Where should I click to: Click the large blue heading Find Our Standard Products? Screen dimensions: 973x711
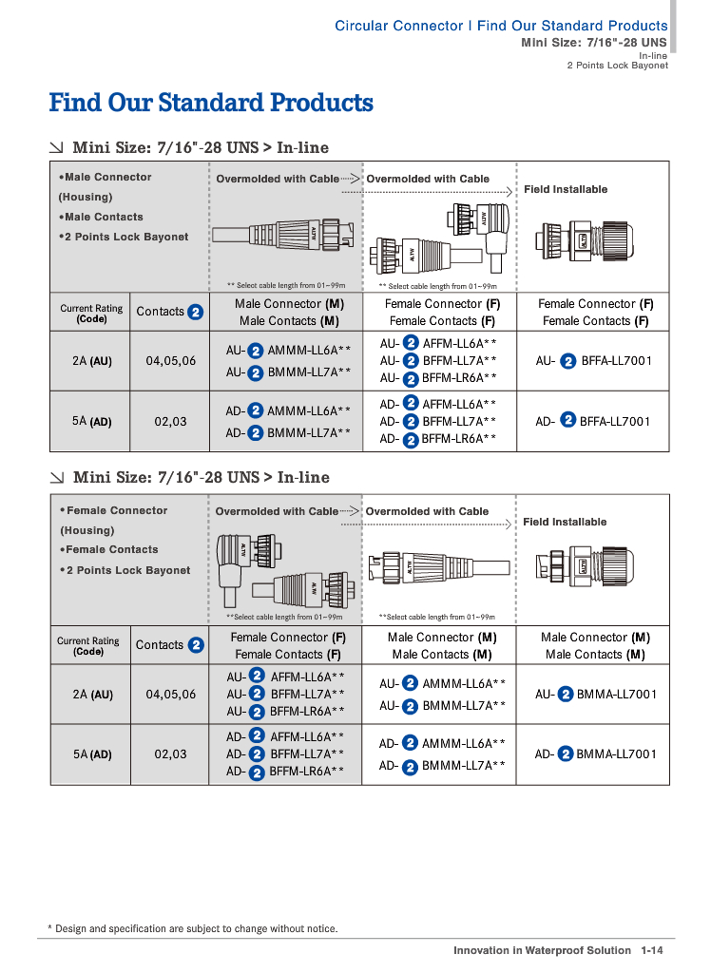click(211, 103)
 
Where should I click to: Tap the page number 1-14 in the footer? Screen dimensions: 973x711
click(651, 950)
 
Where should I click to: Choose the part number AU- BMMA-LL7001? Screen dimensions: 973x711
click(595, 695)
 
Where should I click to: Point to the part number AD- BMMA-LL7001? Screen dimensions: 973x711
click(595, 754)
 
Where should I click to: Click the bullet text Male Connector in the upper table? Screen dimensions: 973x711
click(107, 178)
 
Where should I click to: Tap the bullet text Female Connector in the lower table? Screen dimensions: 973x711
click(116, 511)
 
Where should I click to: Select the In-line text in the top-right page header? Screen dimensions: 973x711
click(653, 56)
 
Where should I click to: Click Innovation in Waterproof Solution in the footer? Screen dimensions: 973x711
click(542, 950)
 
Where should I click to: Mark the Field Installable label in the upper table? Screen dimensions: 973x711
click(566, 190)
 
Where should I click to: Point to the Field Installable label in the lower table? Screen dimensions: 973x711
click(565, 523)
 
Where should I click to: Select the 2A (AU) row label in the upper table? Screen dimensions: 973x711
click(92, 361)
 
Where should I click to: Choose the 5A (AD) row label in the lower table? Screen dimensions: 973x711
click(92, 754)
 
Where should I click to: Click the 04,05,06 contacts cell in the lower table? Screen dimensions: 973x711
click(171, 695)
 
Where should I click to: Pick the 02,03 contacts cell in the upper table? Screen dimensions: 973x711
click(171, 421)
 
